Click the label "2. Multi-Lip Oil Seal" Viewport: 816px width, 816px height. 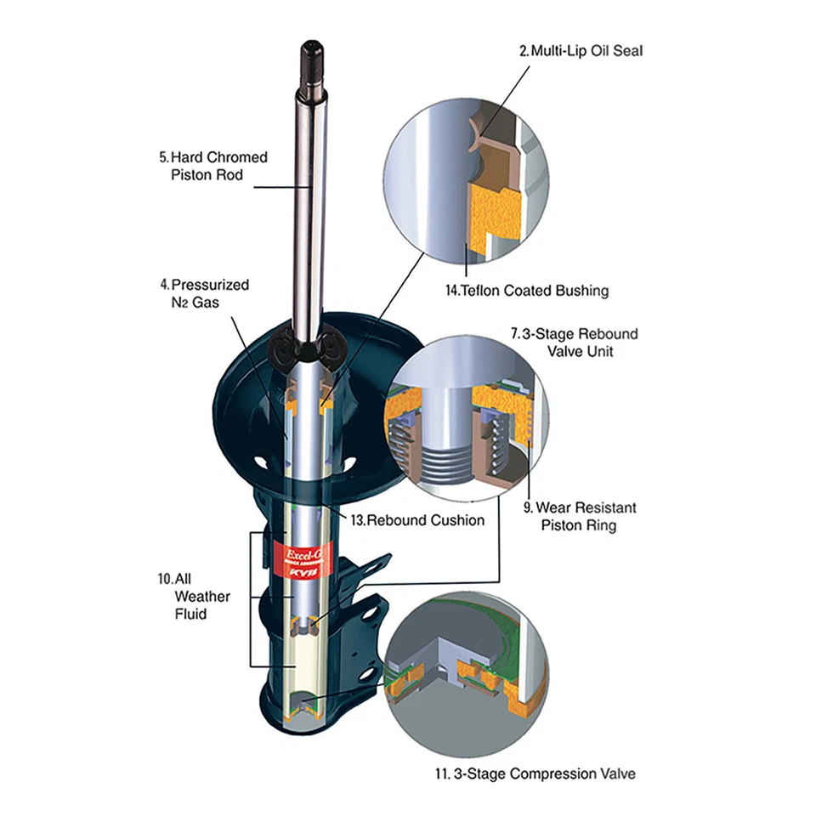click(581, 52)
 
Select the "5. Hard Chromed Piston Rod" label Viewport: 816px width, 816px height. click(212, 166)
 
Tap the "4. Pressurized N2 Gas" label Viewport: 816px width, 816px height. click(203, 293)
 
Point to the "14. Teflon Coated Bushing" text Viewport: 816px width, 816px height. click(527, 291)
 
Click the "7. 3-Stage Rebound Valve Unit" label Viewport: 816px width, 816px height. click(574, 343)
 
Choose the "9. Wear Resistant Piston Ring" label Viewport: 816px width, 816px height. click(579, 517)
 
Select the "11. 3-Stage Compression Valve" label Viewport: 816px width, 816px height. click(535, 773)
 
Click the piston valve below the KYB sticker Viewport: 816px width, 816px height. click(307, 626)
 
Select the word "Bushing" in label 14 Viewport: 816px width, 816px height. click(581, 291)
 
